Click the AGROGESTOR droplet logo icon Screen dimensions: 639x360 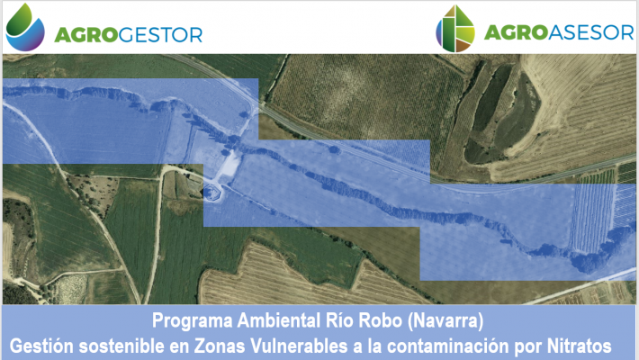coord(25,28)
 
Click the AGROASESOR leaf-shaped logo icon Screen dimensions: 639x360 coord(455,29)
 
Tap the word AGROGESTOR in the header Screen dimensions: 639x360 coord(129,35)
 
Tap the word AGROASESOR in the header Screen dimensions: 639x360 coord(559,32)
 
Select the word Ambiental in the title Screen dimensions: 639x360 coord(279,320)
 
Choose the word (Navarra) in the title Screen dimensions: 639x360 coord(445,321)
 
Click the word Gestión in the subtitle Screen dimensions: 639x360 coord(41,346)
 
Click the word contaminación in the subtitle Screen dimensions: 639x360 coord(448,346)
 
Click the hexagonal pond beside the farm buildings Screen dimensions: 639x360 coord(212,193)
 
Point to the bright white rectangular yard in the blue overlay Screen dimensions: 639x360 coord(230,166)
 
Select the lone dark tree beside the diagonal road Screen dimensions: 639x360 coord(334,150)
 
